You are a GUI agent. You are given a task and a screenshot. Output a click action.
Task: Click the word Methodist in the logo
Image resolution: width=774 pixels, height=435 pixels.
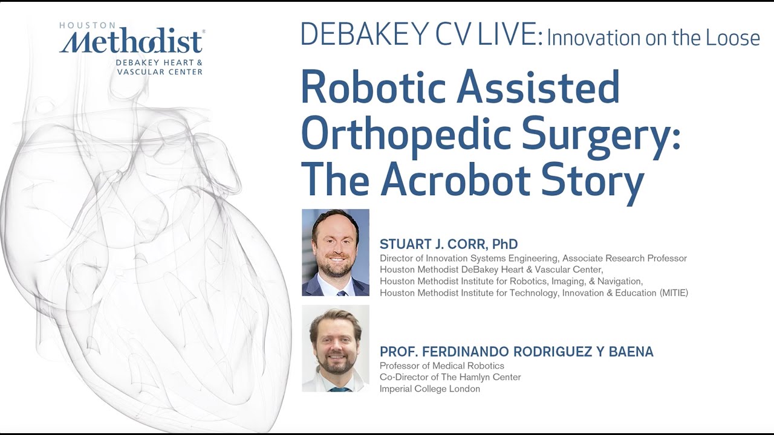[x=131, y=42]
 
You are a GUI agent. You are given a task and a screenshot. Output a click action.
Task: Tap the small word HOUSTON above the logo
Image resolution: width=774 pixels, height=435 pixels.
[x=87, y=25]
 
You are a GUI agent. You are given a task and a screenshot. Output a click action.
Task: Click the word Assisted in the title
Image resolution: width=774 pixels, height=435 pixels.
[x=538, y=88]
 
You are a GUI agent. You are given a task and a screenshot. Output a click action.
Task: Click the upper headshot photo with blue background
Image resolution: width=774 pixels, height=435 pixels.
[x=335, y=253]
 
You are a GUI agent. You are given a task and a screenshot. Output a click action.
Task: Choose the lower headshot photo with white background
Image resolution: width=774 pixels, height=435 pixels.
[x=335, y=348]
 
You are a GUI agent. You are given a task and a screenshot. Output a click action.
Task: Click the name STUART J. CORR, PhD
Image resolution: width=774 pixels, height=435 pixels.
[x=449, y=244]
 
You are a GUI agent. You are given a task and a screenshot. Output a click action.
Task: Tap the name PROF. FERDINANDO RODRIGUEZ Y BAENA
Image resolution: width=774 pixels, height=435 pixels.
[x=516, y=352]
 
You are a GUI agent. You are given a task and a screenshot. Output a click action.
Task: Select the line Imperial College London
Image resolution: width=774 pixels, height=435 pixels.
[x=429, y=388]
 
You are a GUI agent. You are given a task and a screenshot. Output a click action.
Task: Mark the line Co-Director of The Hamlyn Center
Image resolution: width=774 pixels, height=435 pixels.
[x=450, y=377]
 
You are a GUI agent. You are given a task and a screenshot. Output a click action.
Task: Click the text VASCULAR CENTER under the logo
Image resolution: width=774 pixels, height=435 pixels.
[x=159, y=72]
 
